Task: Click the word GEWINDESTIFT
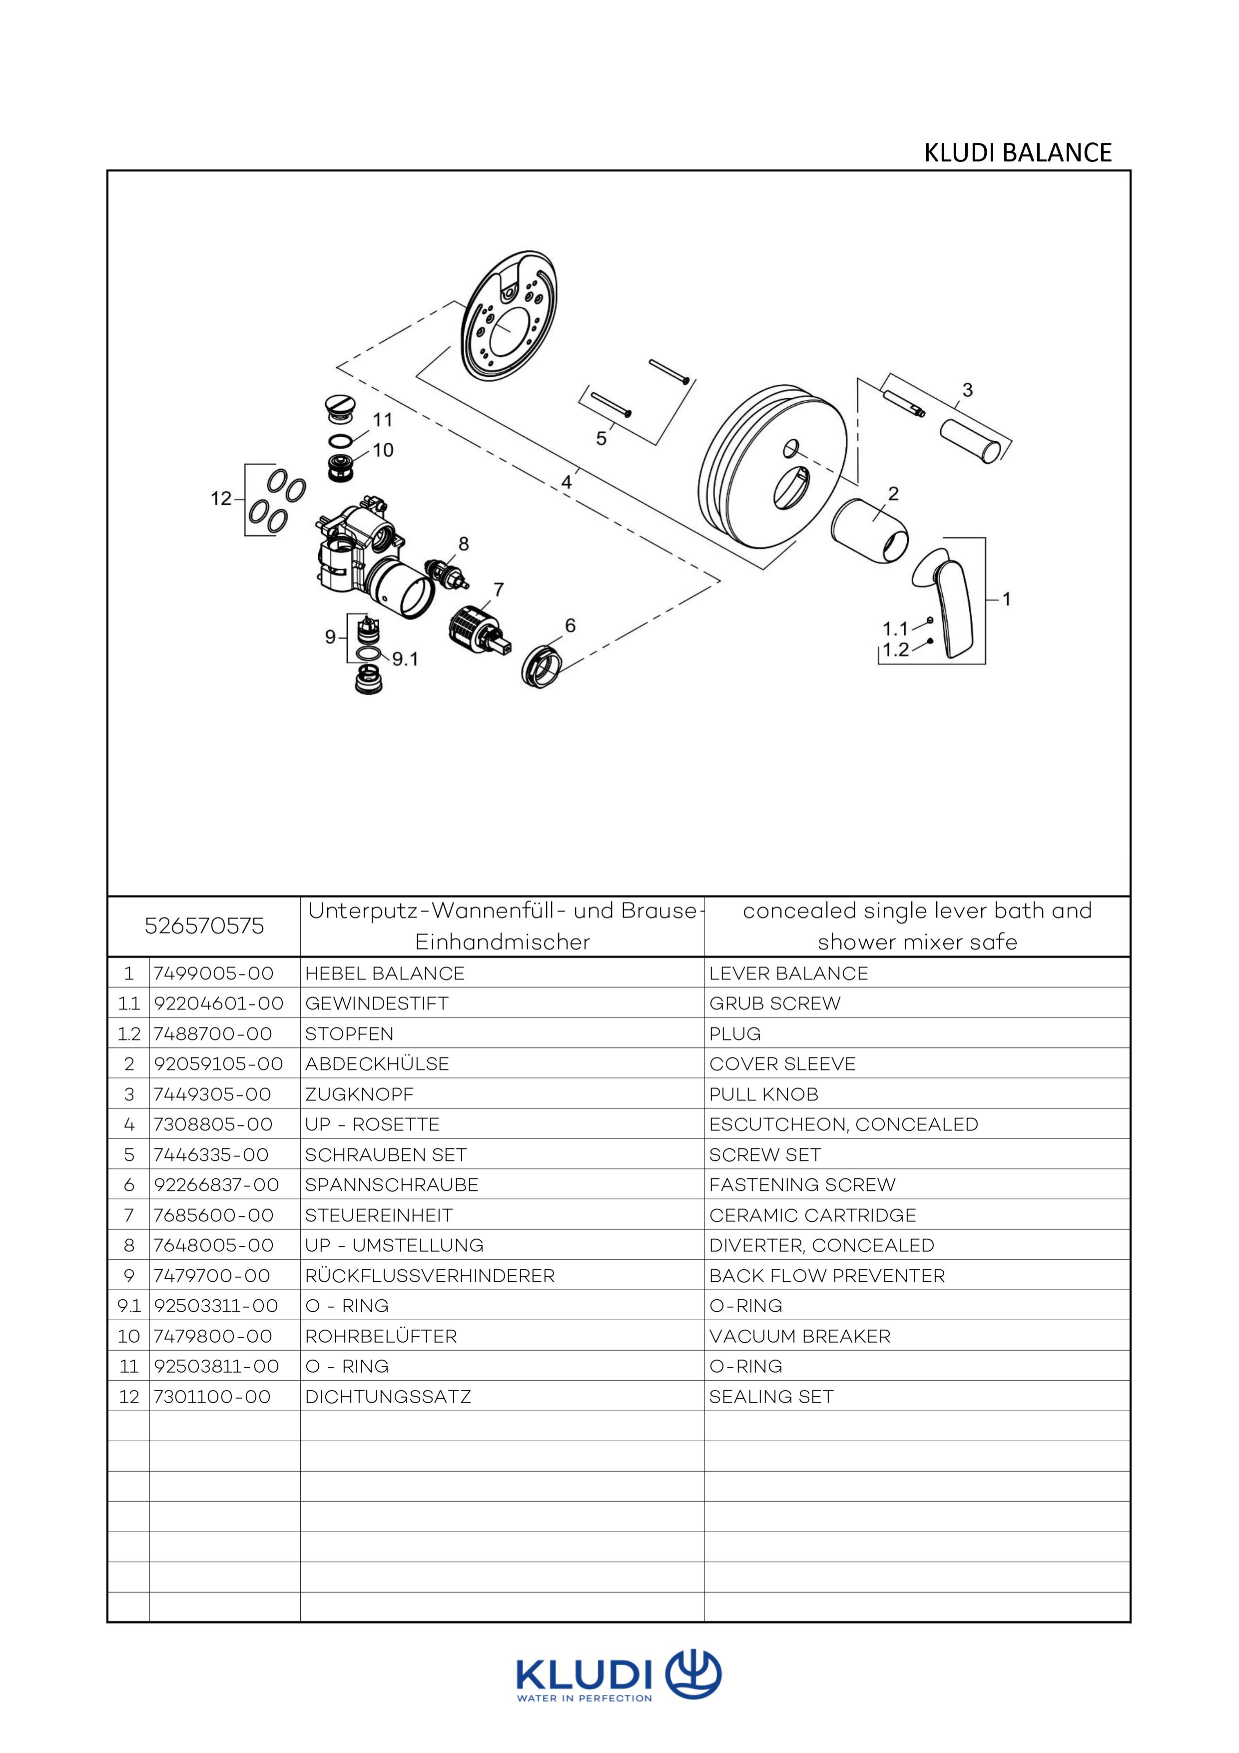coord(376,1003)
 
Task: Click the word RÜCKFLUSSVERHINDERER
coord(430,1276)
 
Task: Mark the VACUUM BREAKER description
coord(799,1336)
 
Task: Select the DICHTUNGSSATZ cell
coord(388,1396)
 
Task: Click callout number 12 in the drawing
coord(221,499)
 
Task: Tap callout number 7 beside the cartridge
coord(499,590)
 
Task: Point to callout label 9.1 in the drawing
coord(405,659)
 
